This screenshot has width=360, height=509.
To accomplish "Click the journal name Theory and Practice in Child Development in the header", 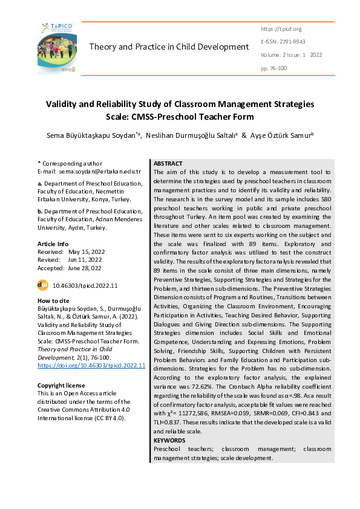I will pyautogui.click(x=169, y=47).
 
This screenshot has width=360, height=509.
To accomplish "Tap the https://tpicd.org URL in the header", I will pyautogui.click(x=281, y=28).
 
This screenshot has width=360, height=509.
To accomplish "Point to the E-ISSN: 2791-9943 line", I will pyautogui.click(x=283, y=42).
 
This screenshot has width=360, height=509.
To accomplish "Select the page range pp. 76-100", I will pyautogui.click(x=274, y=68).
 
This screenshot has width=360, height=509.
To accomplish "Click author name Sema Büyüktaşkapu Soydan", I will pyautogui.click(x=93, y=137).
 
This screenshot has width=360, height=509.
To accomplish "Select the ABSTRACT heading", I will pyautogui.click(x=168, y=164).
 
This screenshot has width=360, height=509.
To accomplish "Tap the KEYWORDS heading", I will pyautogui.click(x=170, y=441).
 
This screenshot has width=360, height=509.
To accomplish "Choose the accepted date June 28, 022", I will pyautogui.click(x=84, y=268).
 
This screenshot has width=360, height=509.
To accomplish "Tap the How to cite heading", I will pyautogui.click(x=53, y=300).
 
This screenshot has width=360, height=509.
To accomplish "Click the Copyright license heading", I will pyautogui.click(x=61, y=385).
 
